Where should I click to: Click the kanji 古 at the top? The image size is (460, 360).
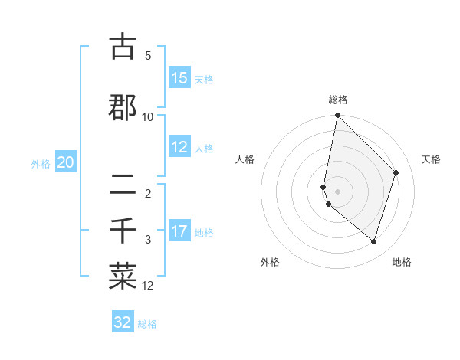click(x=123, y=47)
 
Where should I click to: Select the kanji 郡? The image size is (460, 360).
click(x=123, y=106)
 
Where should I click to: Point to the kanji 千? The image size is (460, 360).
click(x=123, y=229)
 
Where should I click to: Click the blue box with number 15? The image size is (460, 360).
click(x=179, y=78)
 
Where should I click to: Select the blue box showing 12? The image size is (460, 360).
click(x=179, y=147)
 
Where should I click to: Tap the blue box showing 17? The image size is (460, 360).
click(x=179, y=231)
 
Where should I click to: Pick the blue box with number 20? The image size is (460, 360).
click(x=66, y=162)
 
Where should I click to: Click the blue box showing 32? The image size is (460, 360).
click(x=123, y=322)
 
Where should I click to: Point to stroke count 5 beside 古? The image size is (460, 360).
click(x=148, y=56)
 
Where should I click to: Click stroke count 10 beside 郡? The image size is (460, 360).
click(x=148, y=117)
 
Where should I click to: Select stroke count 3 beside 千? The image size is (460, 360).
click(x=148, y=240)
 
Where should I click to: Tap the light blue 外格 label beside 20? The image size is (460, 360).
click(x=41, y=163)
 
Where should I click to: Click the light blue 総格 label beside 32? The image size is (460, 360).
click(x=147, y=324)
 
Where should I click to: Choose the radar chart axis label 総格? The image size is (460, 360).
click(x=338, y=100)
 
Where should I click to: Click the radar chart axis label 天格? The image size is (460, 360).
click(x=431, y=159)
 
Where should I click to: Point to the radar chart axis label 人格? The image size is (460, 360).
click(x=245, y=159)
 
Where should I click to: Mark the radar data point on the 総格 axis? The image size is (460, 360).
click(x=337, y=116)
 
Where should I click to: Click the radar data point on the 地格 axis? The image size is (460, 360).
click(x=374, y=241)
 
